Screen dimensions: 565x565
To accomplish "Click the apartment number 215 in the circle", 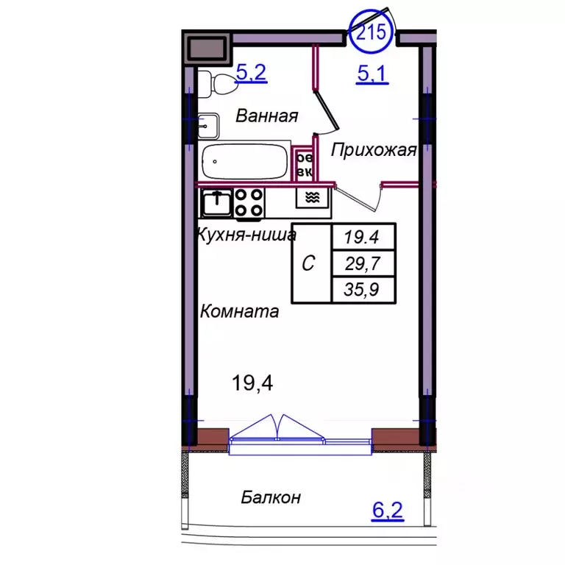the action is coord(371,32).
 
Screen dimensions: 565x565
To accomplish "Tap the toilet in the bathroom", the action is coord(215,84).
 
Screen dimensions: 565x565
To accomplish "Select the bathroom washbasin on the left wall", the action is coord(208,126).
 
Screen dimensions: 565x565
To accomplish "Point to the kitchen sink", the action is coord(217,203).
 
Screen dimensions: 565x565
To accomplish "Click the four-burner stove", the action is coord(249,203).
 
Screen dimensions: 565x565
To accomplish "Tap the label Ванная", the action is coord(267,116).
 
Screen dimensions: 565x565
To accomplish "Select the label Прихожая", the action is coord(374,150).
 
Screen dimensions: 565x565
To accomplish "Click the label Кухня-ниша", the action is coord(247,235).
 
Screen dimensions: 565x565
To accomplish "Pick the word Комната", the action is coord(239,311).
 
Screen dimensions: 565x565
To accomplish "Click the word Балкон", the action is coord(271,497).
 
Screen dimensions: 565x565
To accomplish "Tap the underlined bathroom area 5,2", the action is coord(251,72).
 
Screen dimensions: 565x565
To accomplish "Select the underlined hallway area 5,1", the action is coord(372,74).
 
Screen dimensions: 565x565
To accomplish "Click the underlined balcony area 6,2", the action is coord(388,511).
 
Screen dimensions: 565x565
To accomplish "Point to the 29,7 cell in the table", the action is coord(363,263).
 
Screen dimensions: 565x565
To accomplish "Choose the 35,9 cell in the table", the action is coord(363,289).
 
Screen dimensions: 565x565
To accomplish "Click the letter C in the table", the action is coord(308,263).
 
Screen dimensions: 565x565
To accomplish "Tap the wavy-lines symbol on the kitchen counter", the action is coord(313,197).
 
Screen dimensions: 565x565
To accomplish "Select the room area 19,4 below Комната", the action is coord(252,383).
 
